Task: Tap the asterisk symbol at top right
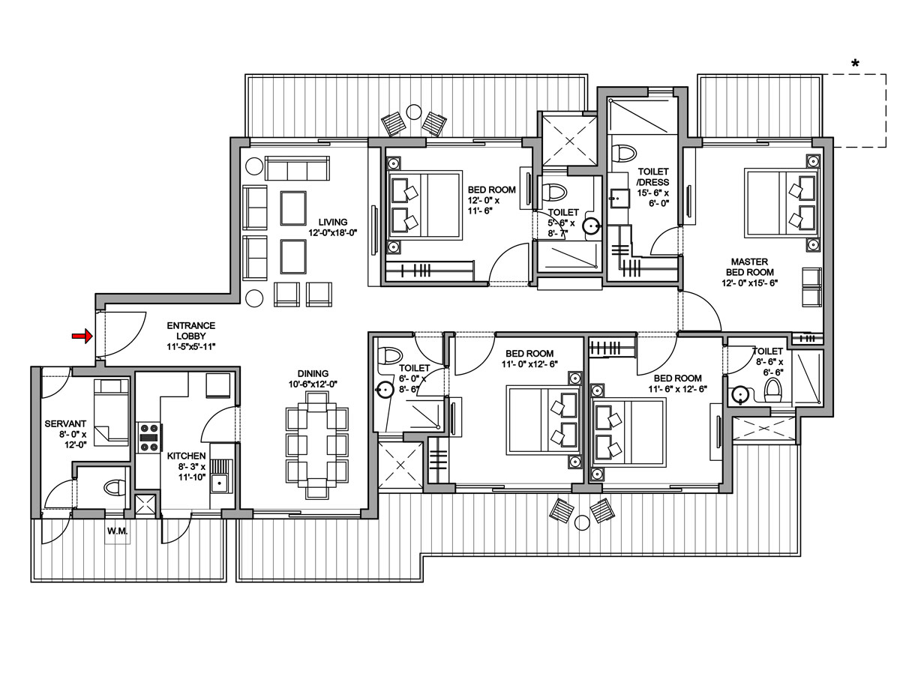(855, 64)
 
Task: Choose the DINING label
(312, 378)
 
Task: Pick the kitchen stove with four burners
(148, 437)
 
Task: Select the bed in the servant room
(110, 411)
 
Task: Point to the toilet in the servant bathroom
(113, 488)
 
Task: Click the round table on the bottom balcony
(582, 521)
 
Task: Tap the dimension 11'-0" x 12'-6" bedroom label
(529, 359)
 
